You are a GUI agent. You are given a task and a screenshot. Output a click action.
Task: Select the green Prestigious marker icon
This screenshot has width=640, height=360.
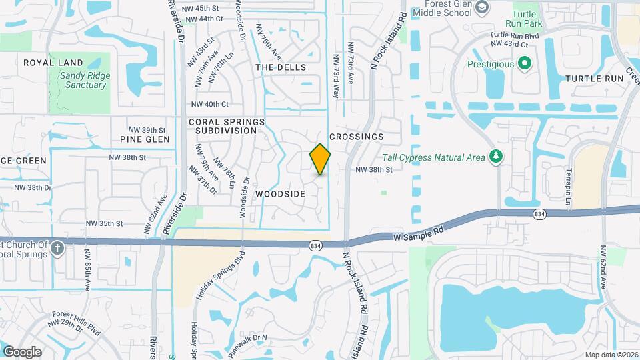click(x=525, y=65)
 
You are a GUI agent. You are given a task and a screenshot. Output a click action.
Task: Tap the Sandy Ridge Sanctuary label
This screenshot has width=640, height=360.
click(x=84, y=80)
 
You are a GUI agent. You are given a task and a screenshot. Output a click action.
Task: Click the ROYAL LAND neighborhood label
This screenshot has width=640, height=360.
click(x=44, y=63)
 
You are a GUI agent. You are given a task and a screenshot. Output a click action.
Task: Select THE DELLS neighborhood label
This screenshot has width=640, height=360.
click(x=281, y=67)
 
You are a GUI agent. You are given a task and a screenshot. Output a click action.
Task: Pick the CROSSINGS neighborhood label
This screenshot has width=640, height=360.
click(x=357, y=137)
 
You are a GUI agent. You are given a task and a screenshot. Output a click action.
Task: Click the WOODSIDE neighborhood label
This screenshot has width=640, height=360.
click(x=280, y=194)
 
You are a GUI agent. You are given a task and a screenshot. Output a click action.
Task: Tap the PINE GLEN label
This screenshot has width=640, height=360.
click(x=145, y=139)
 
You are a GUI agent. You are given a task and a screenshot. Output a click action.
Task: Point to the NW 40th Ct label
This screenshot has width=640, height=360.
click(x=210, y=104)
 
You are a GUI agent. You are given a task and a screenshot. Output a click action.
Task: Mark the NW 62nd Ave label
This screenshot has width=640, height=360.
click(x=603, y=267)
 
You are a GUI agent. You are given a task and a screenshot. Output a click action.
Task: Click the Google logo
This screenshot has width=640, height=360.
click(x=22, y=351)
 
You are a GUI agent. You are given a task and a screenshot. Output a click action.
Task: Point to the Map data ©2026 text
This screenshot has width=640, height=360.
click(x=611, y=354)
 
